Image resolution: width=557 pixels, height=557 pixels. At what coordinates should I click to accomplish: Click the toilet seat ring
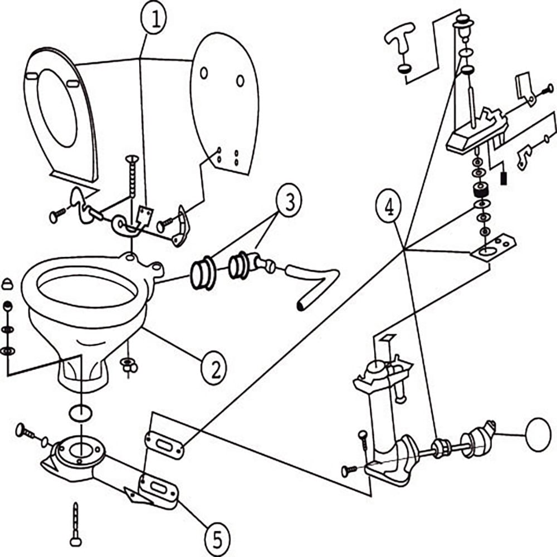tap(56, 111)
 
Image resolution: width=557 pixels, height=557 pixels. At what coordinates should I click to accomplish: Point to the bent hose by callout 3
tap(312, 284)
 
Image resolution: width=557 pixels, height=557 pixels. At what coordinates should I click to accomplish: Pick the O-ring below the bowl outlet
tap(82, 413)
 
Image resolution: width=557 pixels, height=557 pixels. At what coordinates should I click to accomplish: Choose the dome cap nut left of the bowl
tap(8, 282)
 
